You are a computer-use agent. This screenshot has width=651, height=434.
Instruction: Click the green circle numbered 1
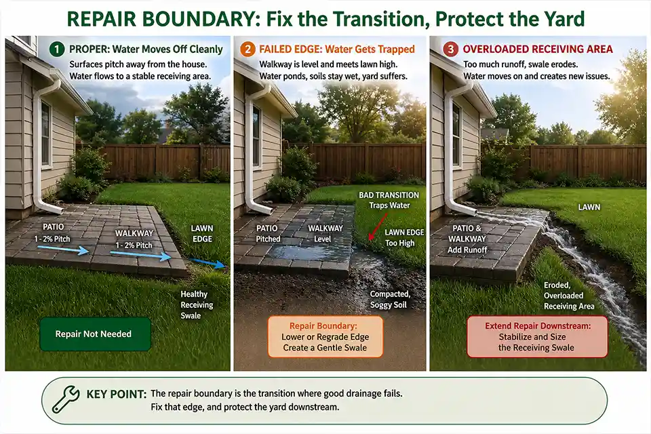coord(56,50)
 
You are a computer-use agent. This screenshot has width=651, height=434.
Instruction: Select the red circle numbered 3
coord(450,50)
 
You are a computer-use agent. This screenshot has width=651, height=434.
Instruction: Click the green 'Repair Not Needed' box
coord(94,334)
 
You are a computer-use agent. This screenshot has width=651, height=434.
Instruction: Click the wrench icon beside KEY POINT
coord(66,399)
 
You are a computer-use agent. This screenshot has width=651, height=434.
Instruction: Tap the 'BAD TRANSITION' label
coord(389,195)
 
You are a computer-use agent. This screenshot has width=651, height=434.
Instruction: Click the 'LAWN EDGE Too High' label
coord(405,237)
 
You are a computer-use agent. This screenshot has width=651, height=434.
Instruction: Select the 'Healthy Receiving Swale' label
coord(197,304)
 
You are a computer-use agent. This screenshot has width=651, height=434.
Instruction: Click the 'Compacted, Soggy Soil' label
coord(391,300)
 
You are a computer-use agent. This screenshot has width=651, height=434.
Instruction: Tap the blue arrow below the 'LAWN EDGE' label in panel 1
coord(202,261)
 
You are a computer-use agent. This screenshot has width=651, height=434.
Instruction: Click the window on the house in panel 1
coord(45,134)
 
